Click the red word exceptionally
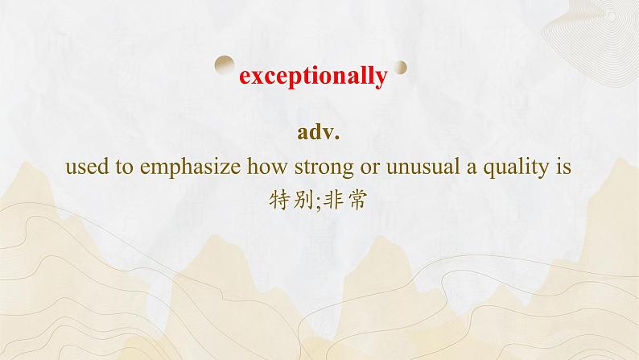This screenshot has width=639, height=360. point(314,77)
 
